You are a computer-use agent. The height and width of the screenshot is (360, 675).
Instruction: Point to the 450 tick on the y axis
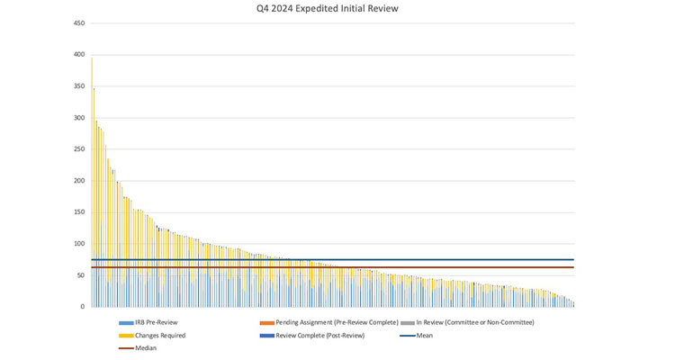(79, 23)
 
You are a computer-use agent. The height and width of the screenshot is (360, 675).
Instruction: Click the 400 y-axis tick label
(79, 55)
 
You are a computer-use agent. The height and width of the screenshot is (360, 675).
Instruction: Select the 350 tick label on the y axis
(79, 86)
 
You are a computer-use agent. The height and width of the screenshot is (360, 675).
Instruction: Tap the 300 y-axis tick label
(79, 118)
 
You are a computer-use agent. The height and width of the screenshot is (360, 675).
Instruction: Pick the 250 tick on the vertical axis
(79, 149)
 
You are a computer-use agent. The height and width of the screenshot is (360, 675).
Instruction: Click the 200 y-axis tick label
(79, 181)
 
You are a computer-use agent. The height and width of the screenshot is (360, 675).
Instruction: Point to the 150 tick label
(79, 212)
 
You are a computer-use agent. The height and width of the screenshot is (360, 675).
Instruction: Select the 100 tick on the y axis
(79, 244)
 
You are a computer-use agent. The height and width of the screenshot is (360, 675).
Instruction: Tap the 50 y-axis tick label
(81, 275)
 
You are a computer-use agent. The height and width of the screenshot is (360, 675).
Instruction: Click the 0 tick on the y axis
(83, 307)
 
